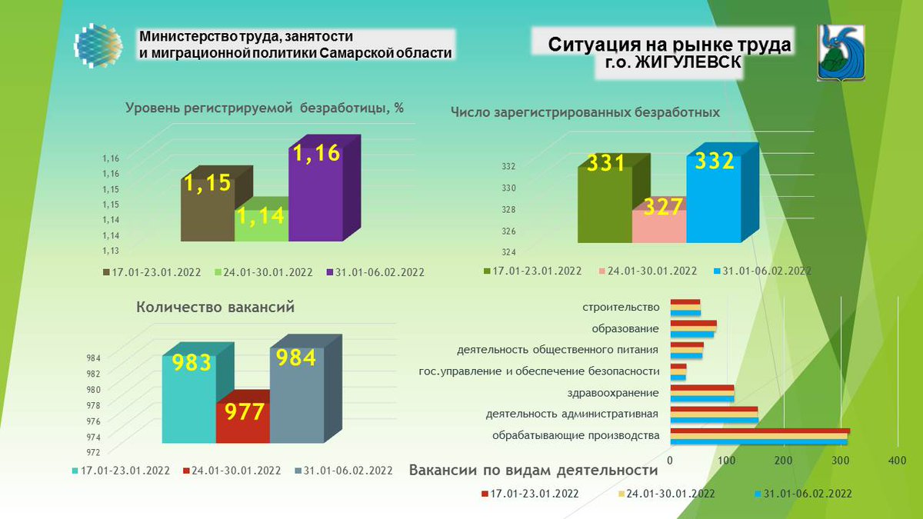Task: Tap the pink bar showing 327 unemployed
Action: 658,226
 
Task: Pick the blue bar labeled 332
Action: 714,200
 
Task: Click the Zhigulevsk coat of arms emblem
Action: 841,52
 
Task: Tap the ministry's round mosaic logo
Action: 98,47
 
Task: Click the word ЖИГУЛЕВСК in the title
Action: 685,66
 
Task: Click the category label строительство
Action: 622,307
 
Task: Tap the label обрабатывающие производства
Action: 576,436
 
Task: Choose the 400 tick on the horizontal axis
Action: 897,461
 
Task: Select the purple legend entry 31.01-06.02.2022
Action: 375,272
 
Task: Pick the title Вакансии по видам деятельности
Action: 534,471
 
